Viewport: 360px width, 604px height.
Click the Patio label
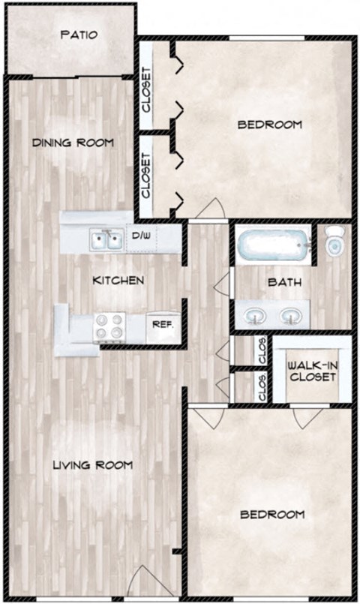pos(79,35)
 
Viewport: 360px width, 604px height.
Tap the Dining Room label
pos(73,143)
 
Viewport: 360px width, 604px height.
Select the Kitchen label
pos(118,281)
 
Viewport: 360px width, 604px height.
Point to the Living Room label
pos(92,465)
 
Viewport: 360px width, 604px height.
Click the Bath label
pos(285,283)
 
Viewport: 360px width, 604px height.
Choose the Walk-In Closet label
pos(311,371)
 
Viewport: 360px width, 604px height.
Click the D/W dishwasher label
pos(140,236)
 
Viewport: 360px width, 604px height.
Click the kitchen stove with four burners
pos(109,327)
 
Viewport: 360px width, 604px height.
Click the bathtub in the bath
pos(273,246)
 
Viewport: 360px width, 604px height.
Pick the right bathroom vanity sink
pos(290,316)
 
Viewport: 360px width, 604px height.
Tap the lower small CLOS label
pos(262,389)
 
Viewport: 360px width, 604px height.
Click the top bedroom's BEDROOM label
pos(269,125)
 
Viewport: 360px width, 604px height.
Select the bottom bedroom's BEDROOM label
pos(271,515)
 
